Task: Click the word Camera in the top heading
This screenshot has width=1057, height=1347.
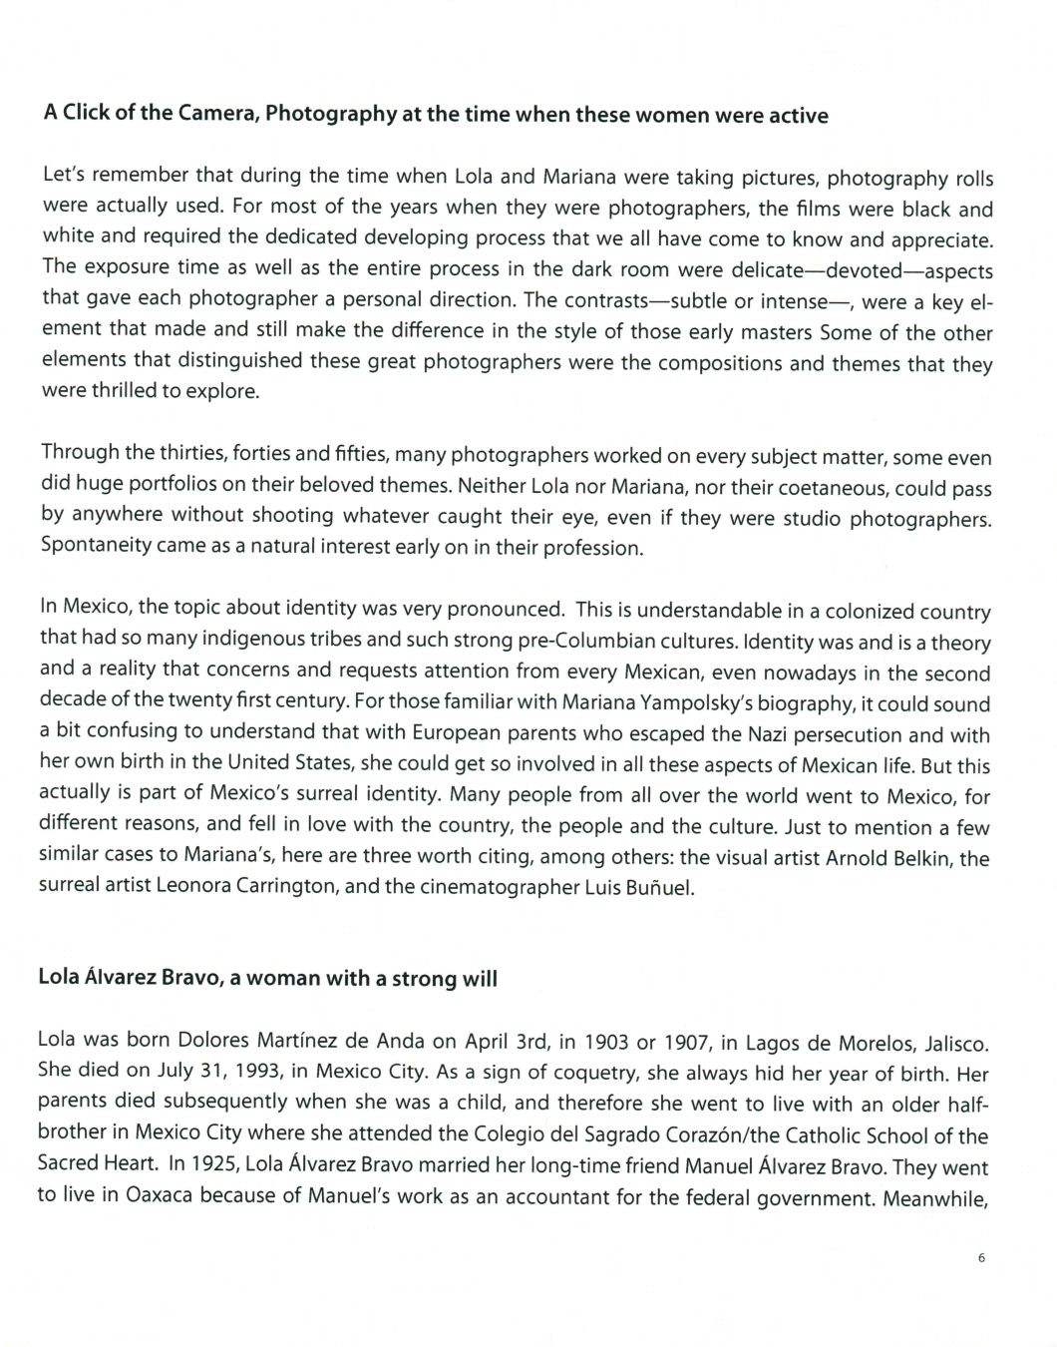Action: point(218,114)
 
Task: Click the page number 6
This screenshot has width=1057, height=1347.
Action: point(981,1258)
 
